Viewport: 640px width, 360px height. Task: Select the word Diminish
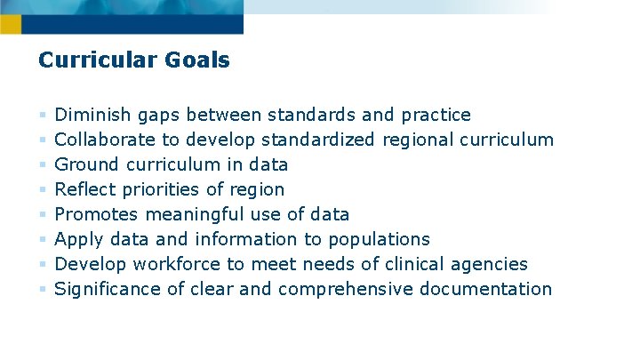click(x=93, y=115)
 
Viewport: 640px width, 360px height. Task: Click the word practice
click(x=436, y=116)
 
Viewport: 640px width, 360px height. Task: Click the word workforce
click(x=175, y=264)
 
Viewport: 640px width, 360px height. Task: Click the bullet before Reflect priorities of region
click(x=42, y=189)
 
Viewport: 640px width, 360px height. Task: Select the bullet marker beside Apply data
click(x=42, y=239)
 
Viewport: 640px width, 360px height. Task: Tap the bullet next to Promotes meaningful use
click(x=42, y=214)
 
